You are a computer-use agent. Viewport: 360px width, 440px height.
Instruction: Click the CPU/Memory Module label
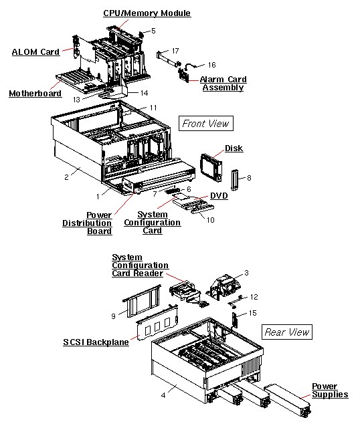[147, 13]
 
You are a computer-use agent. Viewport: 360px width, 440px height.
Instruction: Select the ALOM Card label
[35, 51]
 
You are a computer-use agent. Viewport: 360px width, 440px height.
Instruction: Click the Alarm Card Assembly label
[223, 84]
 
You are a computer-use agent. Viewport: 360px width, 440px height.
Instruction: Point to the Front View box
[205, 123]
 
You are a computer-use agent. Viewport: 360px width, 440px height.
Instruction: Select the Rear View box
[286, 332]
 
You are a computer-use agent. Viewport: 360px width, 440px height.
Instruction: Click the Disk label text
[234, 148]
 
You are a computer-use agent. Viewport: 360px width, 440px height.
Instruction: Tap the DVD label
[219, 196]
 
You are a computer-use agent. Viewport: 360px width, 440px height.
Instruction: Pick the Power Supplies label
[329, 391]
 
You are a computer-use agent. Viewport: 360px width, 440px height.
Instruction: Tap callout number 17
[175, 51]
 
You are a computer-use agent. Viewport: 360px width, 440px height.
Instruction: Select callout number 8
[248, 178]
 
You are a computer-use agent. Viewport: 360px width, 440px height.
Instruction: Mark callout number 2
[66, 177]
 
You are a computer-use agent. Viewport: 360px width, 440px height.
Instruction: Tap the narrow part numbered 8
[235, 180]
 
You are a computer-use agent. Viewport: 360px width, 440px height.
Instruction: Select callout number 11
[153, 108]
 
